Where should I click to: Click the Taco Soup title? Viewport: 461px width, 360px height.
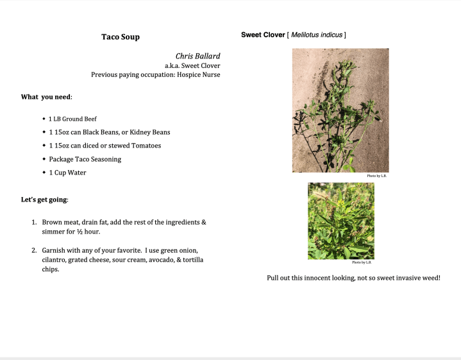(120, 37)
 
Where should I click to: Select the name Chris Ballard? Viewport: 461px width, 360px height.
(197, 56)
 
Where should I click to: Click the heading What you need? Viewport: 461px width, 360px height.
(46, 97)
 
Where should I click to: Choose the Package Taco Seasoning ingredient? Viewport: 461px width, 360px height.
(85, 159)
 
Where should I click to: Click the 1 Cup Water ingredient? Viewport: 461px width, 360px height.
(67, 173)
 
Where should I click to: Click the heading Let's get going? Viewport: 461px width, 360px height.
(44, 200)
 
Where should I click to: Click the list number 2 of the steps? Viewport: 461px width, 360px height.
(35, 250)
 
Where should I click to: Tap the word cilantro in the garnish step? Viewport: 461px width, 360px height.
(54, 259)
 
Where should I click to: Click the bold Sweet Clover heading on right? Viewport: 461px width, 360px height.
(263, 35)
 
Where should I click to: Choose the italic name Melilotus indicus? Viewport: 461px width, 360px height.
(317, 35)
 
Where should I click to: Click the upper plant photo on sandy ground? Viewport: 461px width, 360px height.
(340, 110)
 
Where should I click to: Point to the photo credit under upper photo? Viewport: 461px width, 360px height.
(376, 176)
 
